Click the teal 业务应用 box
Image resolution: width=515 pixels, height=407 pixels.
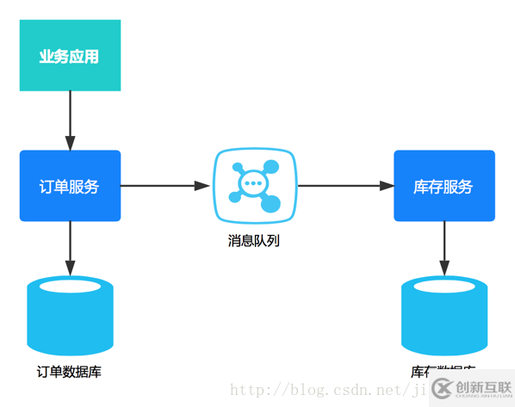tap(70, 56)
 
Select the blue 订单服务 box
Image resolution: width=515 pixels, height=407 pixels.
tap(70, 186)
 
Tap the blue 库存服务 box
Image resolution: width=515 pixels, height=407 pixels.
tap(444, 186)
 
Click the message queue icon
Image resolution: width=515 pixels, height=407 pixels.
tap(254, 185)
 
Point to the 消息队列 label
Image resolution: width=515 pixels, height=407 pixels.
tap(254, 241)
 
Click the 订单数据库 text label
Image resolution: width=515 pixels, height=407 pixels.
tap(70, 372)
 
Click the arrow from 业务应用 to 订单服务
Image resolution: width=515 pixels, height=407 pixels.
tap(70, 120)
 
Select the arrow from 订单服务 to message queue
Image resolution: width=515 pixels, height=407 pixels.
tap(165, 185)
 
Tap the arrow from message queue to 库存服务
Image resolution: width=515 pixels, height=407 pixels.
tap(344, 185)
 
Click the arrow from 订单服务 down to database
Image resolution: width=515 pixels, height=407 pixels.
tap(70, 248)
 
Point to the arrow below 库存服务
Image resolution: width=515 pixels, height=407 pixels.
tap(444, 248)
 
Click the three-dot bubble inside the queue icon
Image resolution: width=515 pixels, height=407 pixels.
tap(252, 182)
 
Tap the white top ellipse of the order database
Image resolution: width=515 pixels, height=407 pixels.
tap(70, 287)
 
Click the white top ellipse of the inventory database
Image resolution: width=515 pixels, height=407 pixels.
tap(444, 287)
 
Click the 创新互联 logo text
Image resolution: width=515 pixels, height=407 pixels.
tap(481, 387)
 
